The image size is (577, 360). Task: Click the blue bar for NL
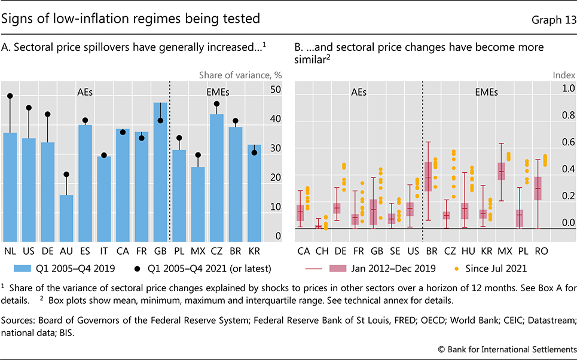10,185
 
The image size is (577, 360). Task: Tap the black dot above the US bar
29,108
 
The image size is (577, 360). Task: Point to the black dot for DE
47,114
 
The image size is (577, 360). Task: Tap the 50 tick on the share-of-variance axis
276,90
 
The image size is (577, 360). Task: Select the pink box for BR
428,176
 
